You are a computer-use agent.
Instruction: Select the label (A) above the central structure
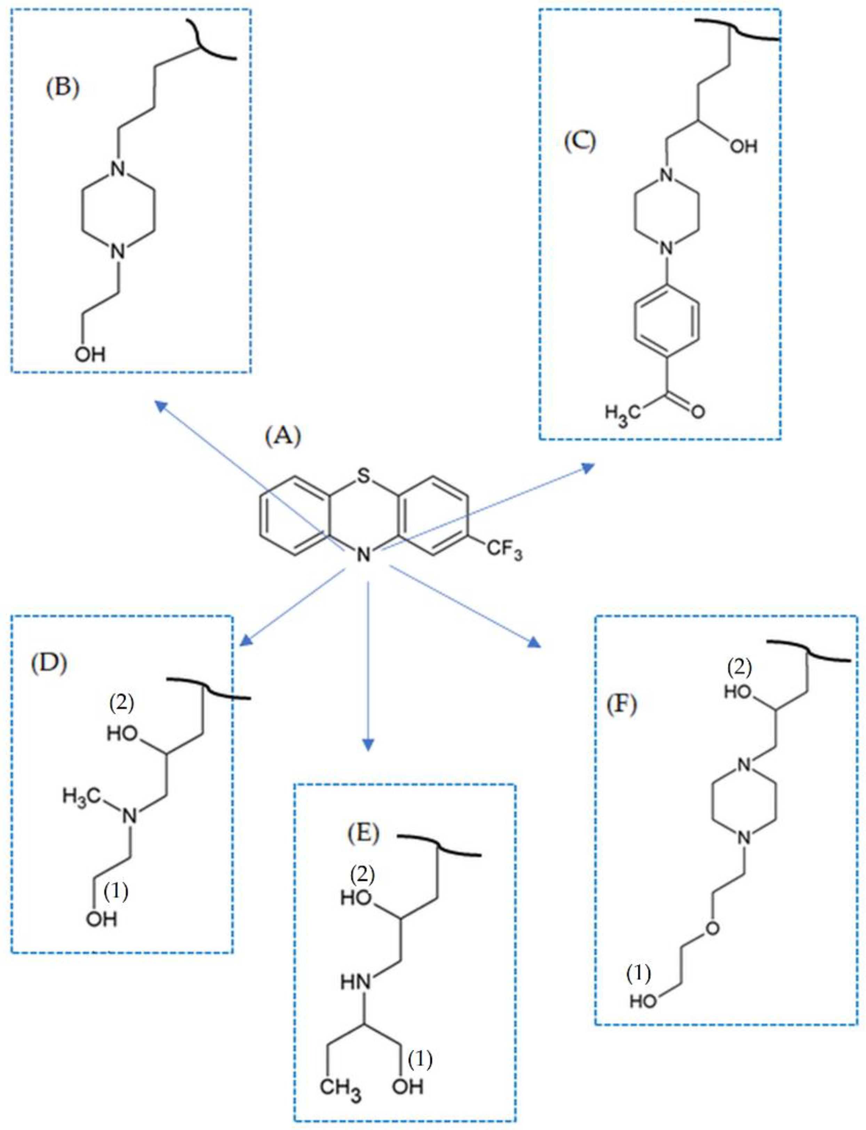pos(283,437)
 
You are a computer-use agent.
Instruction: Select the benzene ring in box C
pos(667,321)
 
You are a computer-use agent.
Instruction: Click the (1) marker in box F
pos(638,974)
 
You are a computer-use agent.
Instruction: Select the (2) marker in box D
pos(122,703)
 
